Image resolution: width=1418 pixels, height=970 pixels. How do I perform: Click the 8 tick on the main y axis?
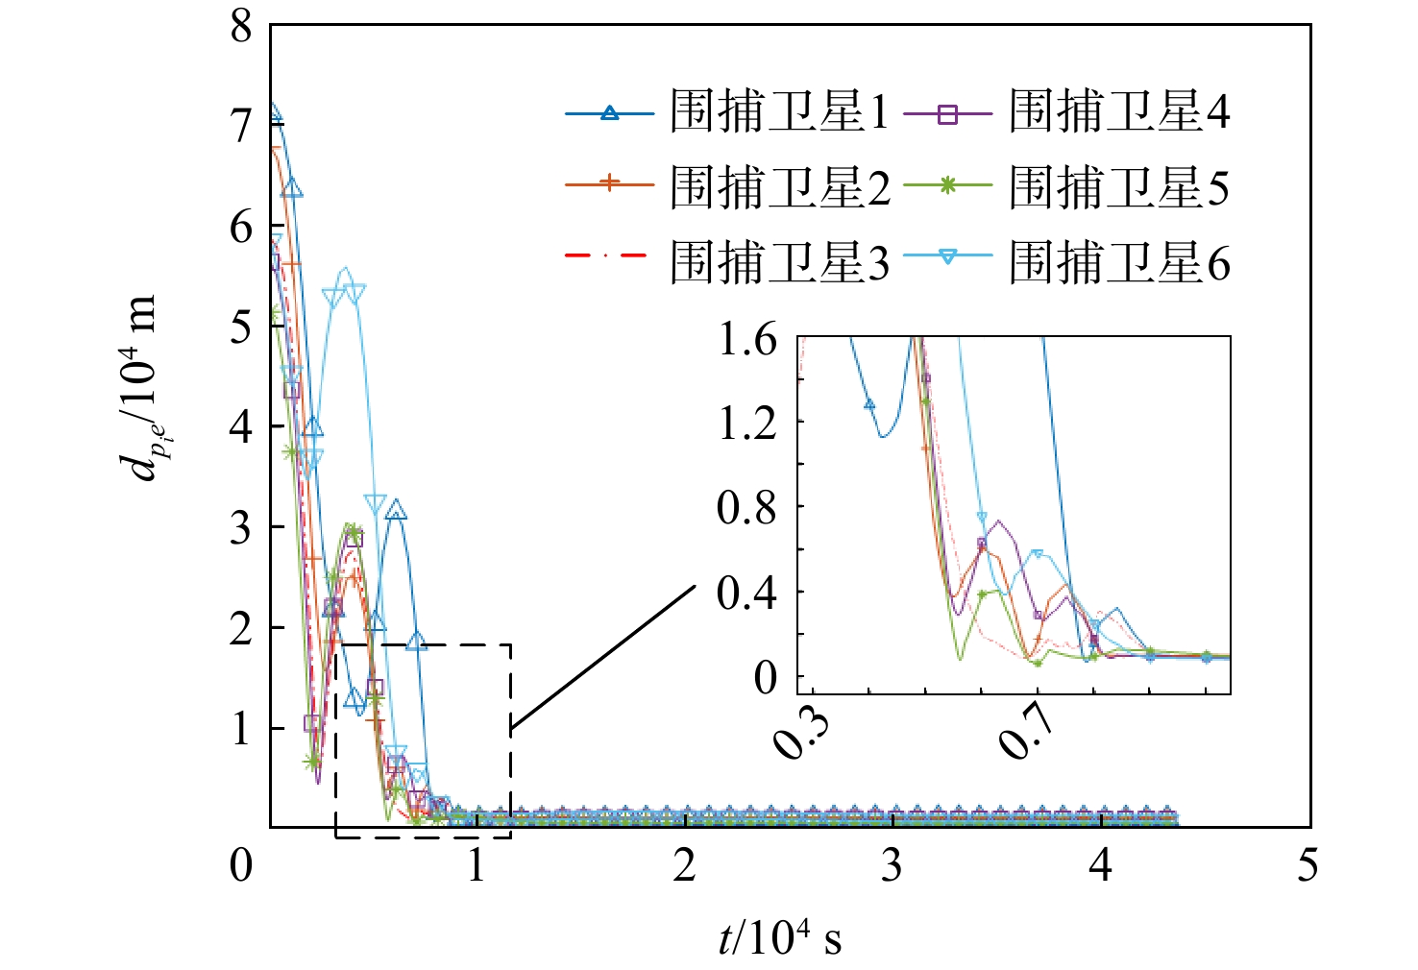241,26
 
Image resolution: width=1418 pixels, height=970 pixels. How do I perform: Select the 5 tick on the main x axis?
1308,865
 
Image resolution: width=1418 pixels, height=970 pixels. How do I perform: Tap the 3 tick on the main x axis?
892,865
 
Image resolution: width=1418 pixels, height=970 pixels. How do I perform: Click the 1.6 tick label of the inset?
747,339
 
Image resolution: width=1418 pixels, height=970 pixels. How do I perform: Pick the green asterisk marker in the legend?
947,187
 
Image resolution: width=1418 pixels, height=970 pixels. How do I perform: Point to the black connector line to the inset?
602,657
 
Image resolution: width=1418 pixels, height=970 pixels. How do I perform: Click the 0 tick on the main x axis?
241,865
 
